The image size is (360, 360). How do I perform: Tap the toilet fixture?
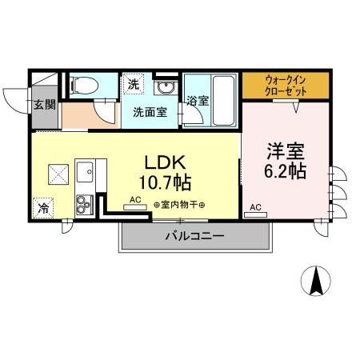point(82,85)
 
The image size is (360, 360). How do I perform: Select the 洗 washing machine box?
point(131,82)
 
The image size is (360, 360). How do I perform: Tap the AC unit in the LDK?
point(134,206)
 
